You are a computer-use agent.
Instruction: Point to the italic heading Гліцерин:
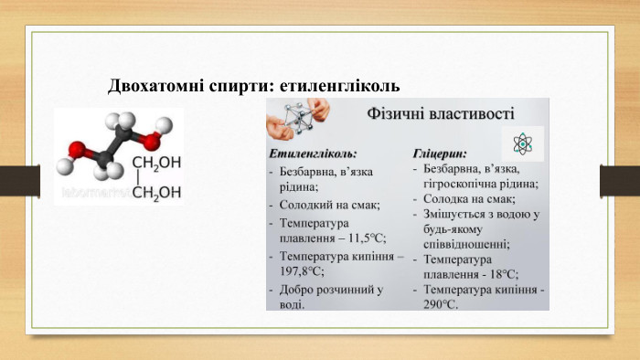click(x=440, y=152)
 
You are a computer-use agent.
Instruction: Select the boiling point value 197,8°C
click(x=302, y=271)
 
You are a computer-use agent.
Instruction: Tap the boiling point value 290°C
click(x=435, y=305)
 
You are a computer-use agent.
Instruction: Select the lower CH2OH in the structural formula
click(x=155, y=192)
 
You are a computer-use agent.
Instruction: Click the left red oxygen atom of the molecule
click(x=78, y=148)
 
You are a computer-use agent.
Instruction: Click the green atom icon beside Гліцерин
click(x=522, y=143)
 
